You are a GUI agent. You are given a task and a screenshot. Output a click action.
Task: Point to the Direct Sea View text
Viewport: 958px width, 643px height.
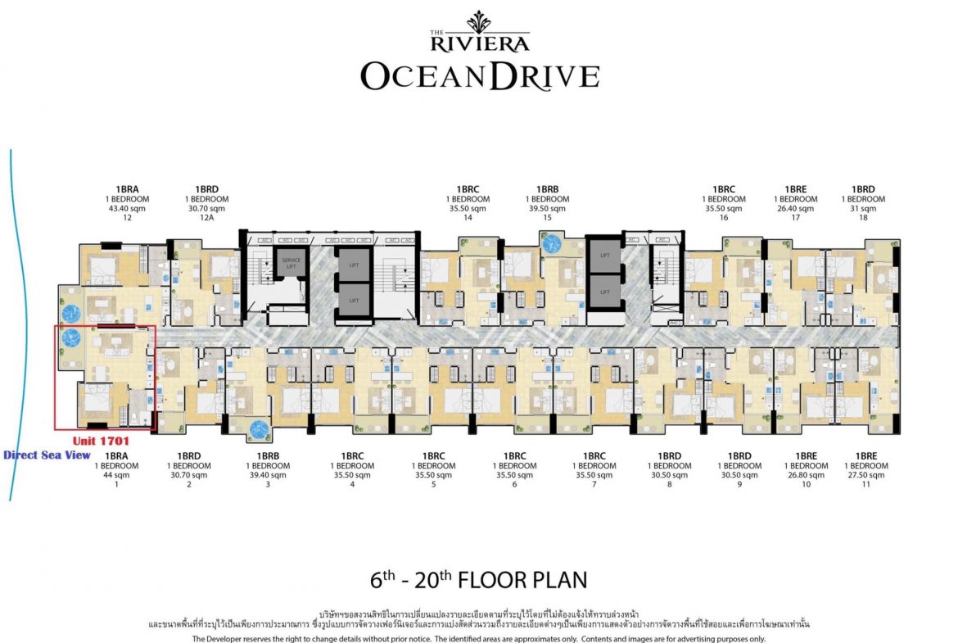[47, 455]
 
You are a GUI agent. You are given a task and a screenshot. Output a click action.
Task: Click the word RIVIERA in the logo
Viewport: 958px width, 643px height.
[480, 43]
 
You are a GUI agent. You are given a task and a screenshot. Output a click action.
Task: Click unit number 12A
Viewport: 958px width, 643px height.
[206, 219]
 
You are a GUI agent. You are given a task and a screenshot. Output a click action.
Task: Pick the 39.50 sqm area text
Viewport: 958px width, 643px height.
[547, 209]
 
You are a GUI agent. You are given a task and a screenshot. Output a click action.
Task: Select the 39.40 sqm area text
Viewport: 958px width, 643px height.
[269, 475]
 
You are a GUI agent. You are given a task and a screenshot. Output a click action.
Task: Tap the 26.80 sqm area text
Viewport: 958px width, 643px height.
[807, 475]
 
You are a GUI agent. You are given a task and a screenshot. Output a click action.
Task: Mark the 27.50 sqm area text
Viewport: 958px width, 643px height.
[866, 475]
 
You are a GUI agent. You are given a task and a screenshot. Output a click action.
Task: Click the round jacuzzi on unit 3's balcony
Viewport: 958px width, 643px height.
[260, 428]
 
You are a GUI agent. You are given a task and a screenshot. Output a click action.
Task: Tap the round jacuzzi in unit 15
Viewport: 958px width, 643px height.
[551, 243]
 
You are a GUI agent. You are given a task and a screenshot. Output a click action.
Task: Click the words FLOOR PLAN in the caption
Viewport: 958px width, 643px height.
[522, 581]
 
